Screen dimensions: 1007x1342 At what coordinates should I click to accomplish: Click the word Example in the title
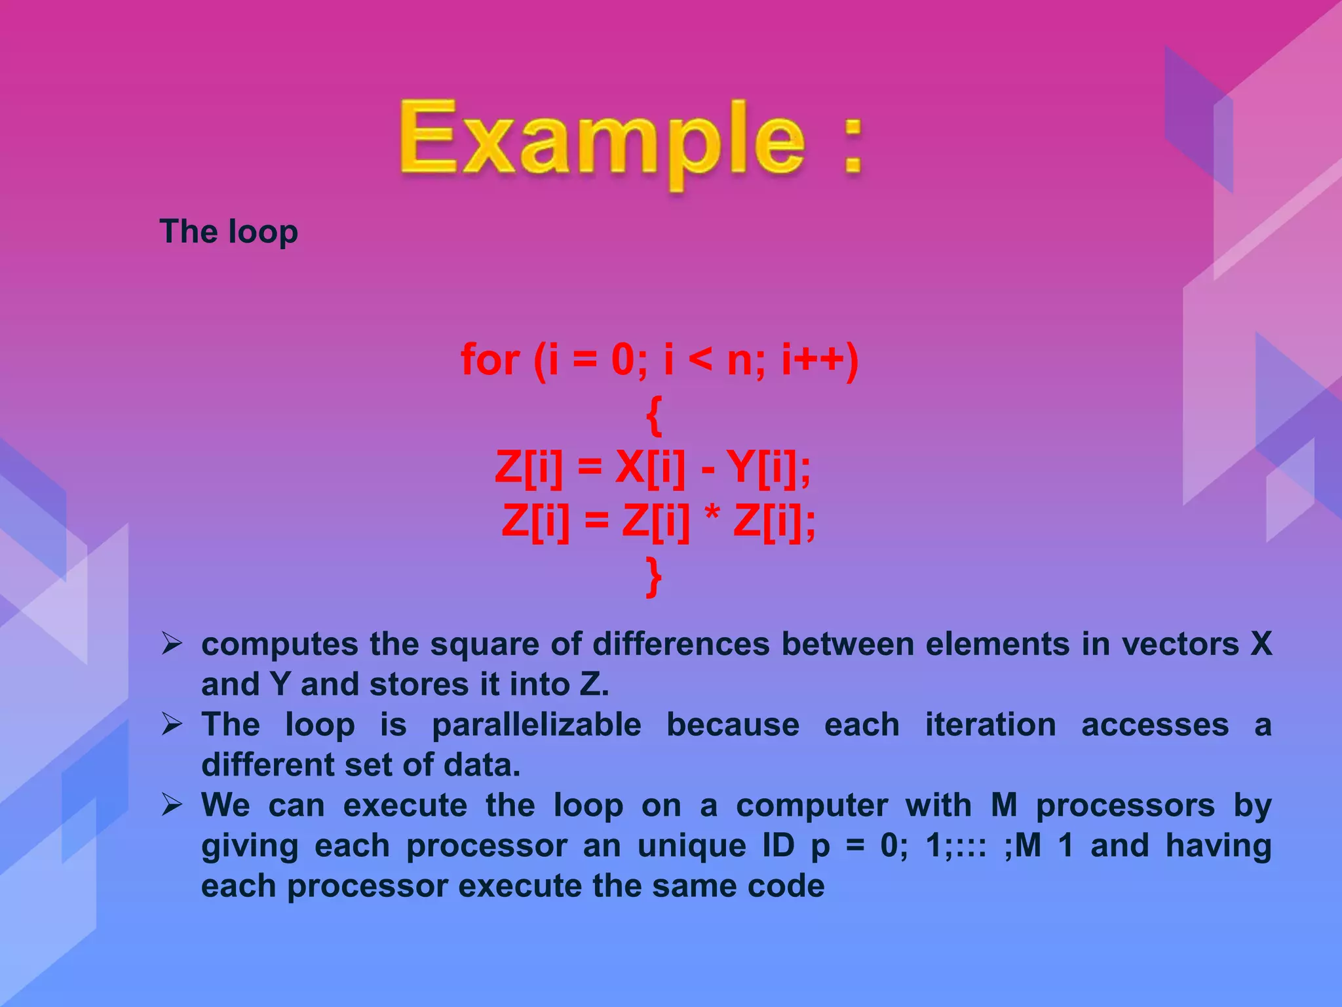click(602, 141)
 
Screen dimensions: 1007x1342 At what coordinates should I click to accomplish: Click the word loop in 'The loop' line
click(263, 233)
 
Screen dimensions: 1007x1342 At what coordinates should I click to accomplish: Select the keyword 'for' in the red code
click(490, 360)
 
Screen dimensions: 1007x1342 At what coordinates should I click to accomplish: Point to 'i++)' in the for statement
click(820, 360)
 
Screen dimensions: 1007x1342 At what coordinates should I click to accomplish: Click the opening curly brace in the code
click(654, 415)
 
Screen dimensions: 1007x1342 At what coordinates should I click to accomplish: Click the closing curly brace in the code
click(654, 576)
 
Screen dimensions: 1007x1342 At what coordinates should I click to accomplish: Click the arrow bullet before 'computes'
click(172, 644)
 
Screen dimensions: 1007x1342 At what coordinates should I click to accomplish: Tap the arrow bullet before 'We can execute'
click(172, 804)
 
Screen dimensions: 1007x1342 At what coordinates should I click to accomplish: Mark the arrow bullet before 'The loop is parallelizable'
click(172, 724)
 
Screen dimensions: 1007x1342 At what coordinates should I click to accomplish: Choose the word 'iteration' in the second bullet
click(990, 725)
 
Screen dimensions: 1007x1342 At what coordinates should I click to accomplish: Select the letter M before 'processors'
click(1004, 805)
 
